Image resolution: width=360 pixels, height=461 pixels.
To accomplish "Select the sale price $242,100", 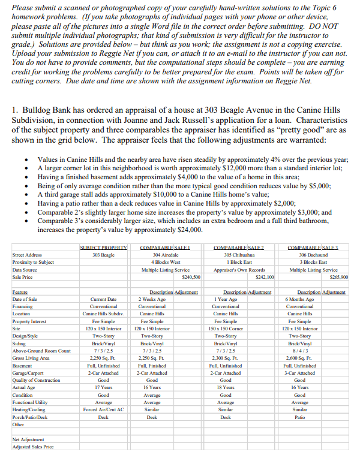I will (264, 278).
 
